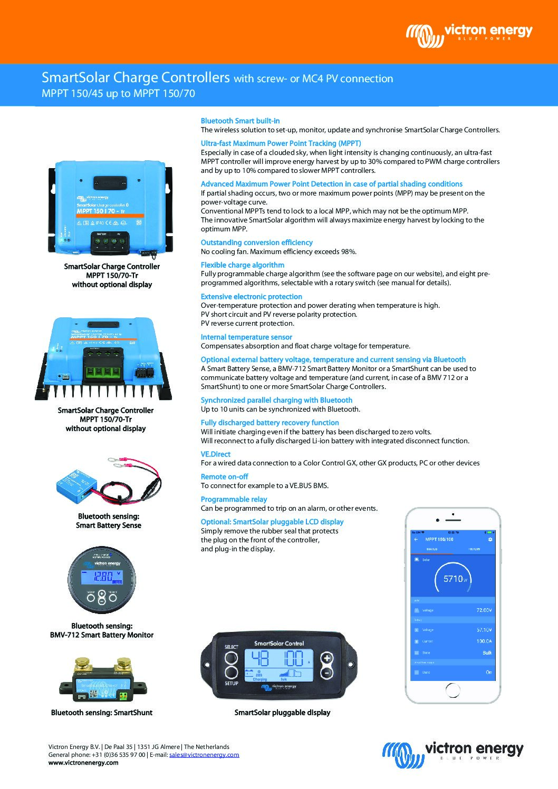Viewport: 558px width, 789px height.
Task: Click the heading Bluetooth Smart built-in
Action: pos(240,121)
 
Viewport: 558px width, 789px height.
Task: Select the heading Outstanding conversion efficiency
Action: pos(256,242)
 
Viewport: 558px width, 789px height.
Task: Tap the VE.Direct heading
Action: pos(215,454)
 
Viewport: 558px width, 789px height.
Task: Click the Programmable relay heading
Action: pos(234,499)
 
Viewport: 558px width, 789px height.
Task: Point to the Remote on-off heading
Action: pos(224,476)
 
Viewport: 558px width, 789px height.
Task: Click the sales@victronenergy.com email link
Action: pos(204,755)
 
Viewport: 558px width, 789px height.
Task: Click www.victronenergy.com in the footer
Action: pos(83,763)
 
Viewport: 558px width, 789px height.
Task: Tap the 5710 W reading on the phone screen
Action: pos(453,579)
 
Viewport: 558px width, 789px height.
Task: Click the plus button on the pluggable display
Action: pos(327,658)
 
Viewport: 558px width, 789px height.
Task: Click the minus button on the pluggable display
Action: pos(327,673)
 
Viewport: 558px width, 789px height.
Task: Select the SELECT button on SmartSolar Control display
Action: pos(231,658)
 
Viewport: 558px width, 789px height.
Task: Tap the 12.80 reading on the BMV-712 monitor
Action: pos(103,577)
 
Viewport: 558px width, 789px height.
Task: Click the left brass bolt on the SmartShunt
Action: pos(82,663)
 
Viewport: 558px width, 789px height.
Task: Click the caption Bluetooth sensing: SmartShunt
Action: pos(101,713)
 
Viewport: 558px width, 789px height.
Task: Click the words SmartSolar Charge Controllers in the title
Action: pos(136,77)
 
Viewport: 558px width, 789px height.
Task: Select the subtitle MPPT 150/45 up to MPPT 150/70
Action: pos(118,94)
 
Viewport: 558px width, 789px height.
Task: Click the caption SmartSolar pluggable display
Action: pos(282,713)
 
